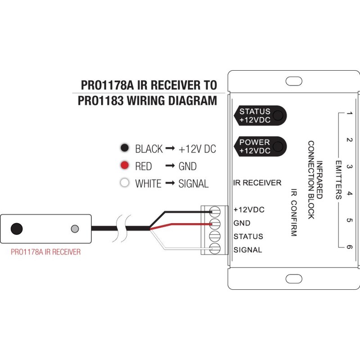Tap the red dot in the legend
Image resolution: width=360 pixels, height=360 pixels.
126,166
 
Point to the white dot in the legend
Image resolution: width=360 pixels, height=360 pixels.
126,184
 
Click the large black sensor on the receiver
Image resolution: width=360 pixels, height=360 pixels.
17,228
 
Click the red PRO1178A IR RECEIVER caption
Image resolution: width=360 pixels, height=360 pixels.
45,252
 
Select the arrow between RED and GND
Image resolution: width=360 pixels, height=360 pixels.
170,166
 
